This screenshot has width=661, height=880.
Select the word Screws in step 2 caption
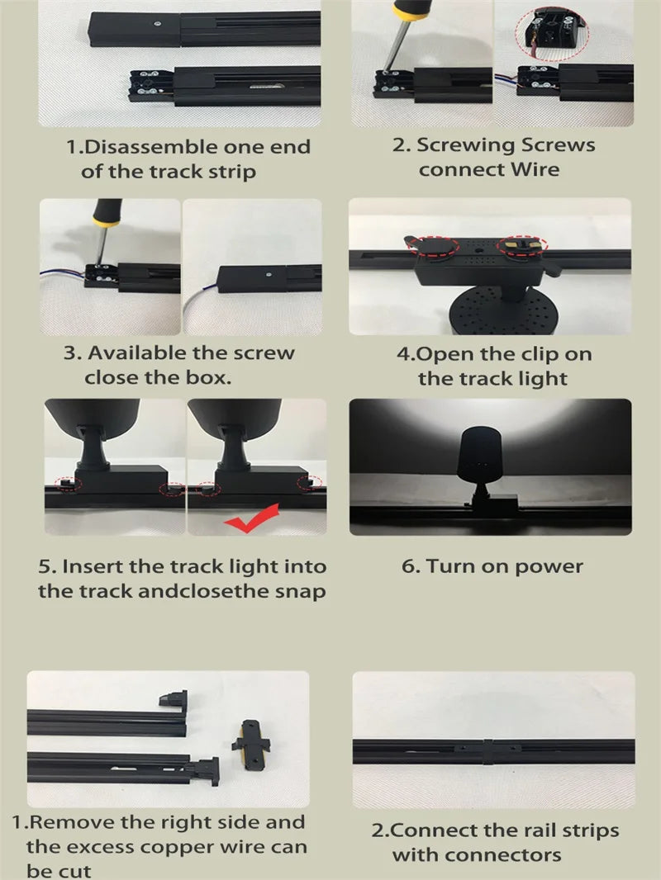554,145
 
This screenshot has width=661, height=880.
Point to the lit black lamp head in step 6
478,455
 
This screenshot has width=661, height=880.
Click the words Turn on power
504,567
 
